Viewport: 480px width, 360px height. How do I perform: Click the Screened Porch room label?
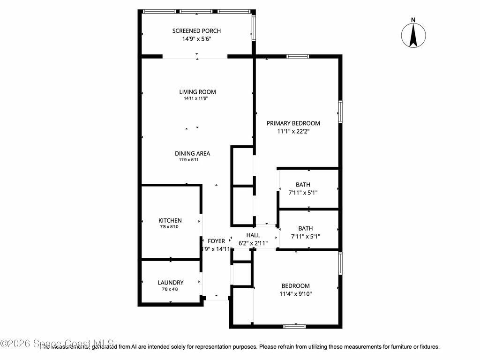196,31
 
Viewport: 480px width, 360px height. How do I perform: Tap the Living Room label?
197,92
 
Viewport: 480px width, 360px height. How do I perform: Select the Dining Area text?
192,153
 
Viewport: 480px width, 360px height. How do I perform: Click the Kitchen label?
170,220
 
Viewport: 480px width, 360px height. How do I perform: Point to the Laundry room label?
170,283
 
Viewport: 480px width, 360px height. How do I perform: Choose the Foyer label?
216,241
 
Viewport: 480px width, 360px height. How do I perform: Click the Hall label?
253,235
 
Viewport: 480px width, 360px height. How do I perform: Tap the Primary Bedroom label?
293,123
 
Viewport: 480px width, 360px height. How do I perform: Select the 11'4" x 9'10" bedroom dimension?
295,294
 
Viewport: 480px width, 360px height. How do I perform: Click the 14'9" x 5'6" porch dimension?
196,39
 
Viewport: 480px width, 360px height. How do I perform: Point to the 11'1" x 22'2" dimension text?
293,132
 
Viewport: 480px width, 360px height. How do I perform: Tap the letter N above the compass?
413,19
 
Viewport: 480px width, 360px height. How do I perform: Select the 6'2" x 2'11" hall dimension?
253,243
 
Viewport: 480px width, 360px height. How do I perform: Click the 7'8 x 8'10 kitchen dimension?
170,227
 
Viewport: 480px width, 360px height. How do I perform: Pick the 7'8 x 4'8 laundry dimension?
170,289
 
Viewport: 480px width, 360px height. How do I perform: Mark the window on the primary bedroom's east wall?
341,112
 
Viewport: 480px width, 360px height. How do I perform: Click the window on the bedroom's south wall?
295,326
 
